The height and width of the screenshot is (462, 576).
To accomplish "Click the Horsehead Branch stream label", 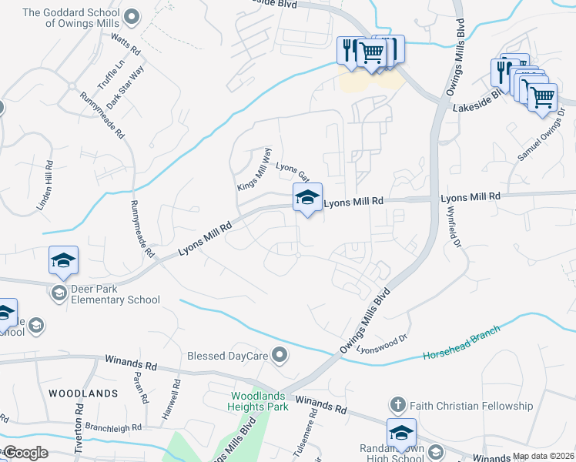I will (461, 343).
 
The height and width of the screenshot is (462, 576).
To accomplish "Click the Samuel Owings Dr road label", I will (541, 135).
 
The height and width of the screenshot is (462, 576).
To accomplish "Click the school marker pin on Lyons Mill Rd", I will (306, 199).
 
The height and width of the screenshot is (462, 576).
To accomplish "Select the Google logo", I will (25, 453).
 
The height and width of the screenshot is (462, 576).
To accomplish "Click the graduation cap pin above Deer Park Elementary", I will (64, 261).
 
